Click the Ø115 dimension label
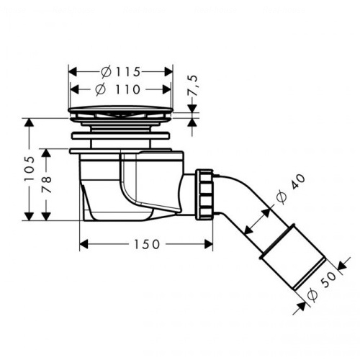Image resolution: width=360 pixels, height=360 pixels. click(120, 72)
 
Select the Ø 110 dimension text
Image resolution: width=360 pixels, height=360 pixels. click(117, 89)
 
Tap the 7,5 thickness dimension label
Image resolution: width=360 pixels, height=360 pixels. click(193, 86)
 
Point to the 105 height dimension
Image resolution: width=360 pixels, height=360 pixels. click(30, 168)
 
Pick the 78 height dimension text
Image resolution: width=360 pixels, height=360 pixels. click(46, 184)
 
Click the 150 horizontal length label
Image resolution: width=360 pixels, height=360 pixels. click(146, 244)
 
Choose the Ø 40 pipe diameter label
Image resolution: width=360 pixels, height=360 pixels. click(290, 189)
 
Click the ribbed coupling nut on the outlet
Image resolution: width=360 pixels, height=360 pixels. click(204, 194)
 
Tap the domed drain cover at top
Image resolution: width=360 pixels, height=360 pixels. click(120, 109)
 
